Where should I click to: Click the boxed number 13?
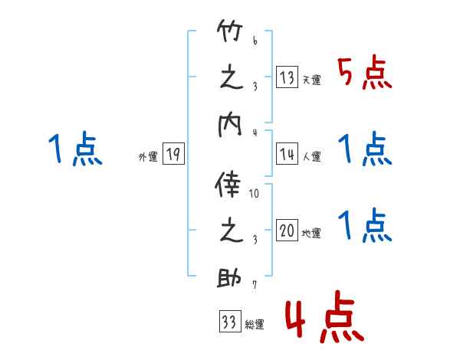(x=287, y=77)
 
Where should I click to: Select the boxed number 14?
(x=287, y=154)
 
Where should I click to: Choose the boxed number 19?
(x=173, y=155)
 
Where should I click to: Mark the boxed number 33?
(x=228, y=322)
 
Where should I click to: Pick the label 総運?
(x=255, y=325)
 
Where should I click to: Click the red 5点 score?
(x=365, y=74)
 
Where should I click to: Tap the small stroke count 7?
(x=254, y=286)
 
